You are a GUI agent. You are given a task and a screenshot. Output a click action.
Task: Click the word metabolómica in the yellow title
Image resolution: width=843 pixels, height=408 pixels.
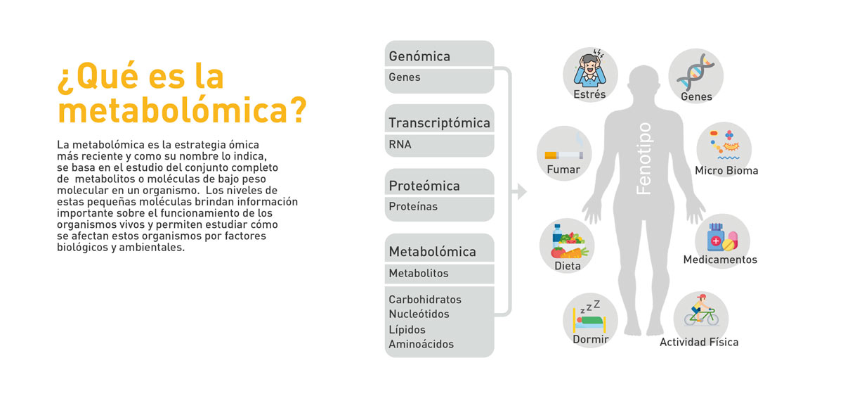[182, 110]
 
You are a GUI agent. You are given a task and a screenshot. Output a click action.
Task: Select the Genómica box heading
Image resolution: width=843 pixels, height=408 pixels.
[419, 56]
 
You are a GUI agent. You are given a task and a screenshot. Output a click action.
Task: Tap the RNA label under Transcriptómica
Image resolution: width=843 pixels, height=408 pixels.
[400, 144]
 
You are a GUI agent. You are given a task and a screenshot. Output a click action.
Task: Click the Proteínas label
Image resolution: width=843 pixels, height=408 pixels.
[413, 206]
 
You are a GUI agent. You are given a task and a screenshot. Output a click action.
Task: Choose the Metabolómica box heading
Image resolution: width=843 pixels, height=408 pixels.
[432, 251]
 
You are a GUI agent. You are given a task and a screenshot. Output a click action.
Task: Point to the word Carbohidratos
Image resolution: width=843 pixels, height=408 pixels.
[425, 299]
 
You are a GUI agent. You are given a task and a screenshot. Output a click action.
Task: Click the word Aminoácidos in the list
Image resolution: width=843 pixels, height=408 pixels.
[421, 344]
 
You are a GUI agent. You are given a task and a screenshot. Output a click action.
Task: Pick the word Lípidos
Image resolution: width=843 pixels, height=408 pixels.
[407, 329]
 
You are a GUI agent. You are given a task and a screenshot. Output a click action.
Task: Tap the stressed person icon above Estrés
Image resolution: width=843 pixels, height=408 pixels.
[589, 67]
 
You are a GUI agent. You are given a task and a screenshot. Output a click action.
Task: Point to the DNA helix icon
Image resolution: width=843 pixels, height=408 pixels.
[695, 71]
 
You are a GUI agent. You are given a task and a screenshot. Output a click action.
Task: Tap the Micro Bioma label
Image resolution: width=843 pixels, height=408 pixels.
[726, 170]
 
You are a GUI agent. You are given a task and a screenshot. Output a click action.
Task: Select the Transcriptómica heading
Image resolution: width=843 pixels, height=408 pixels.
[439, 122]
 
